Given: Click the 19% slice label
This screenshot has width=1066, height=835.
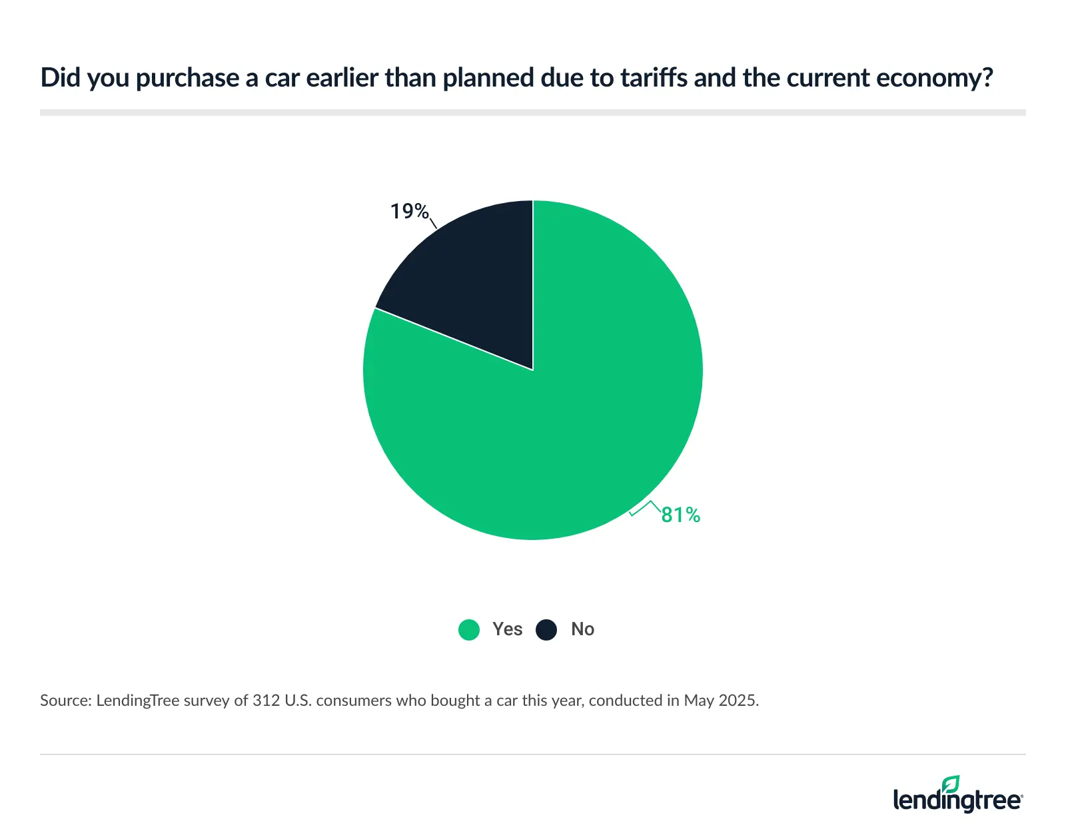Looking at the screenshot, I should click(409, 211).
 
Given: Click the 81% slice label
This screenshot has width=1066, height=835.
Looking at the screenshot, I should click(680, 515).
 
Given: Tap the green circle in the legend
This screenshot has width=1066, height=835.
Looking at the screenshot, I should click(469, 629).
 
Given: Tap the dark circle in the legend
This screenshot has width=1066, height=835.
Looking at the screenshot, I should click(546, 629).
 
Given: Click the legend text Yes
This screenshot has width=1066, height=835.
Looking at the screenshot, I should click(507, 629).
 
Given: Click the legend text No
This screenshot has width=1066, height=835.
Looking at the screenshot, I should click(582, 629).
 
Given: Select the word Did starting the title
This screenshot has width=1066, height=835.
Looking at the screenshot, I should click(60, 78).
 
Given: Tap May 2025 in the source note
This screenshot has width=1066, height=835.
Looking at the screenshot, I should click(720, 700).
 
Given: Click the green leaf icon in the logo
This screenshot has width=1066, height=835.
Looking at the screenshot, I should click(951, 784).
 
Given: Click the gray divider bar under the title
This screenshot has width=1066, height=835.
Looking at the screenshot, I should click(533, 113).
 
